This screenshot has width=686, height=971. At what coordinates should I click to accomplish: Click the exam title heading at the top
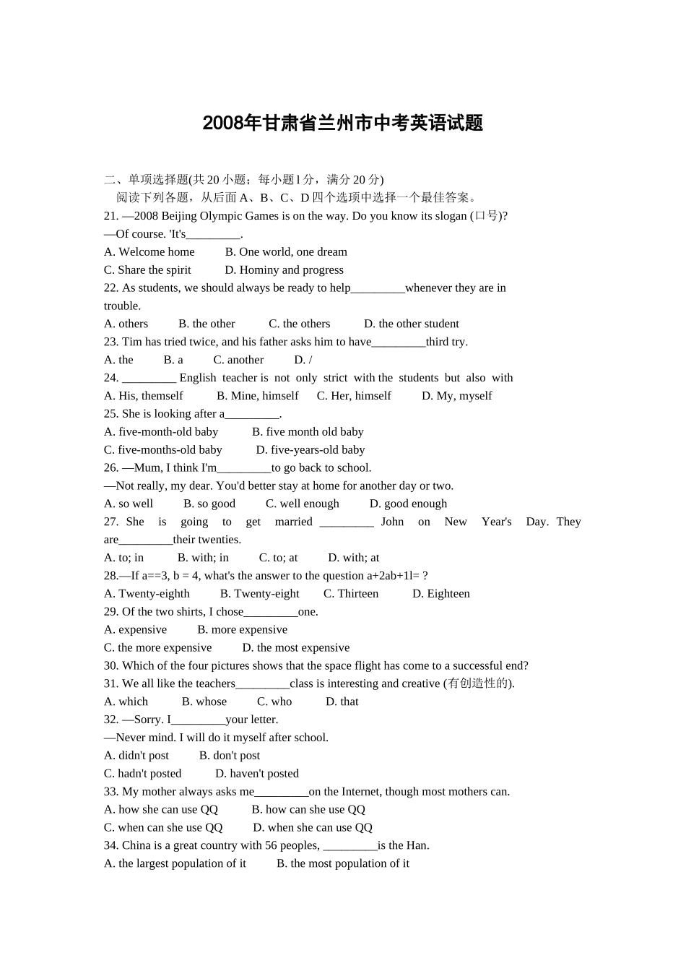(x=342, y=124)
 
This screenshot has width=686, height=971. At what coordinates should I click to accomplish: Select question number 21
(x=111, y=216)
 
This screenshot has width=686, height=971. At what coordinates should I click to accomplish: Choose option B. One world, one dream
(x=286, y=252)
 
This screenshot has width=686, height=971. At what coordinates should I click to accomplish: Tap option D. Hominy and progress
(x=284, y=270)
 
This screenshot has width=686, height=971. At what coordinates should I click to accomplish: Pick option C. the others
(x=299, y=324)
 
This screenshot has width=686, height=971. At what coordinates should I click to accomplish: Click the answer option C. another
(x=238, y=360)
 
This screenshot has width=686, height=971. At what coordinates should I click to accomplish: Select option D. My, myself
(x=456, y=396)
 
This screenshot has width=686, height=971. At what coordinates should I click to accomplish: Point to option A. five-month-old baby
(x=161, y=432)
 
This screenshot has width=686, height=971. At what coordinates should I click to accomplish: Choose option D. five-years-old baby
(x=311, y=450)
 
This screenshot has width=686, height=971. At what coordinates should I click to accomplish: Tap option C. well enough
(x=302, y=504)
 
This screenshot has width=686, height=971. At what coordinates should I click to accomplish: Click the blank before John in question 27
(x=347, y=522)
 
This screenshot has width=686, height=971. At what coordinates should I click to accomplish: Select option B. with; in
(x=203, y=558)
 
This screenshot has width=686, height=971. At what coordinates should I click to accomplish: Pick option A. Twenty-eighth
(x=147, y=594)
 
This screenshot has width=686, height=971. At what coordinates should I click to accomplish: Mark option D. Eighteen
(x=440, y=594)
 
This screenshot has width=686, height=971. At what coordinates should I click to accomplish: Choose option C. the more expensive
(x=157, y=648)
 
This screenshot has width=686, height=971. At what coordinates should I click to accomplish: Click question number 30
(x=111, y=666)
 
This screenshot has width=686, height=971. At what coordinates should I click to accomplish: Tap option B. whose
(x=204, y=702)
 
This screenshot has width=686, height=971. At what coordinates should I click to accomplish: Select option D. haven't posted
(x=257, y=774)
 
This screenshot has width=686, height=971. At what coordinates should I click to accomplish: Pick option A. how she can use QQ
(x=160, y=810)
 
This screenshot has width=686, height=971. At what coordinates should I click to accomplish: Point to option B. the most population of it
(x=343, y=864)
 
